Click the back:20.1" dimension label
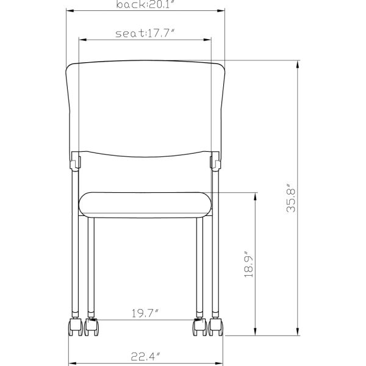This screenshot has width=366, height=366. coord(145,5)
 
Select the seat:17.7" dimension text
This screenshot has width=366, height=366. coord(145,34)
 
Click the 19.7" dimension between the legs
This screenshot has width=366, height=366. coord(145,314)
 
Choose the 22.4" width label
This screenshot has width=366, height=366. coord(145,357)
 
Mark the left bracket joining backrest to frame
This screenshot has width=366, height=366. coord(74,161)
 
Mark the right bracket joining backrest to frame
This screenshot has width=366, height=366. coord(215,161)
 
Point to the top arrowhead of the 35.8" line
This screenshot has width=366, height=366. coord(298,63)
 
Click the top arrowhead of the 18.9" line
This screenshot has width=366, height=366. coord(255,196)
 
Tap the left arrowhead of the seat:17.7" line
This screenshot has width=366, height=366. coord(82,41)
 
